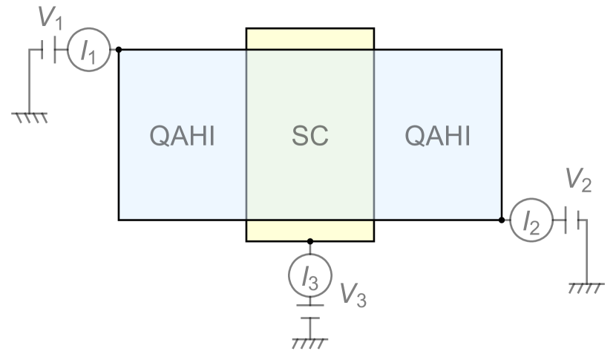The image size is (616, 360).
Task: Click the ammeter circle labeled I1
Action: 88,51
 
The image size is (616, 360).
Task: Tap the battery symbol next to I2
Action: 568,220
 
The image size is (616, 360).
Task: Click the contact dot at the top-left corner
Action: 119,50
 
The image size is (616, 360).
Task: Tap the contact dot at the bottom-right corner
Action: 502,220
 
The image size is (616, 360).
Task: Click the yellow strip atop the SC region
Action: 309,39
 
